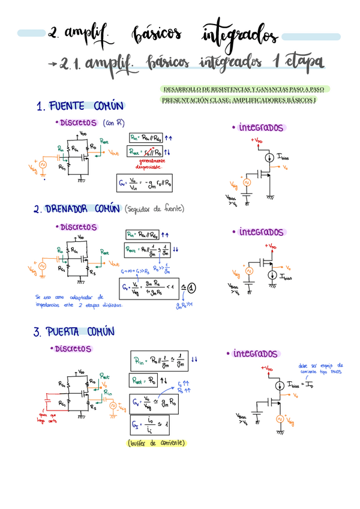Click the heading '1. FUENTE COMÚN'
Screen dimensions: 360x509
[x=79, y=107]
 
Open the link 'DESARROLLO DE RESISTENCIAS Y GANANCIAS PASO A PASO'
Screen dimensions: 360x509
[x=243, y=89]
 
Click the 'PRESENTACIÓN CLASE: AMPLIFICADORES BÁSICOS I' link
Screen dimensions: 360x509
[x=239, y=100]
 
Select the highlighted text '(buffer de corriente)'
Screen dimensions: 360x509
[x=157, y=443]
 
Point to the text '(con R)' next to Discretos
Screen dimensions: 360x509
[x=113, y=123]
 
